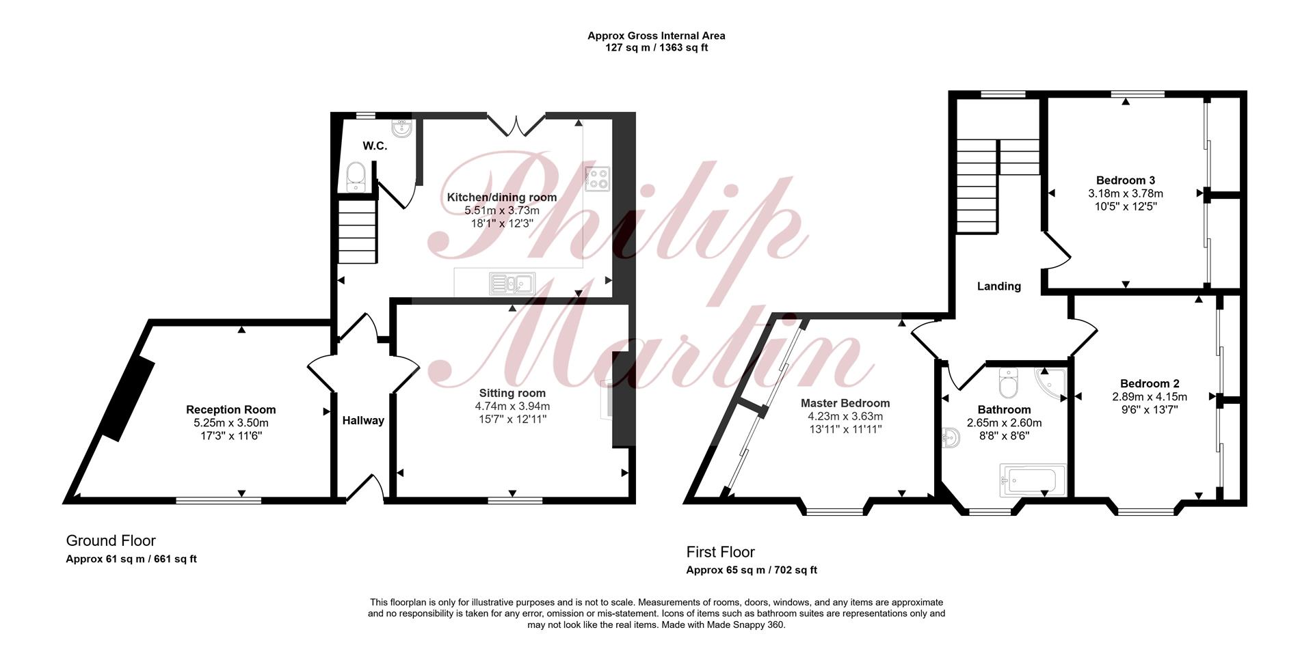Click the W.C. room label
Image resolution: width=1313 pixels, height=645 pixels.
click(375, 146)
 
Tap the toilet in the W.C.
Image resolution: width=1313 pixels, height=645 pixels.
click(356, 177)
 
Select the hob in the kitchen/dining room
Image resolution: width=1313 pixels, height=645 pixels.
click(597, 179)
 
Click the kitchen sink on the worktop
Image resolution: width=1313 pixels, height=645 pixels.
click(512, 283)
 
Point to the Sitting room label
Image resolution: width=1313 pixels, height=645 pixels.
click(512, 393)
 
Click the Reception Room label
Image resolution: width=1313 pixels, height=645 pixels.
click(231, 410)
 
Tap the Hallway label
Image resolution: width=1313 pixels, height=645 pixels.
click(363, 421)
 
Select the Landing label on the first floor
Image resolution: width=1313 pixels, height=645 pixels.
click(999, 286)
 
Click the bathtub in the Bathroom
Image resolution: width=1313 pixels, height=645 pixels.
click(1033, 480)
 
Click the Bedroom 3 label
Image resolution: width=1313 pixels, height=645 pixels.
click(1126, 180)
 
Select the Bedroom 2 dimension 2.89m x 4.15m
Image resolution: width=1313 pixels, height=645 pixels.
click(1149, 397)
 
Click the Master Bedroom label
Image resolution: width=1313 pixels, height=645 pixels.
click(845, 403)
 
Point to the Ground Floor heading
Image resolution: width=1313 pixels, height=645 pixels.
click(111, 541)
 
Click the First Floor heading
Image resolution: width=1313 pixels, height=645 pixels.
click(721, 552)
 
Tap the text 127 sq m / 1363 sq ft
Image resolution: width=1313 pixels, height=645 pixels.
click(656, 48)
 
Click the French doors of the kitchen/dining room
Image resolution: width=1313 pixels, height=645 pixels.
click(516, 124)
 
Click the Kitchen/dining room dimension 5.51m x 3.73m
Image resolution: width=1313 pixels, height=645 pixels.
click(502, 210)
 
